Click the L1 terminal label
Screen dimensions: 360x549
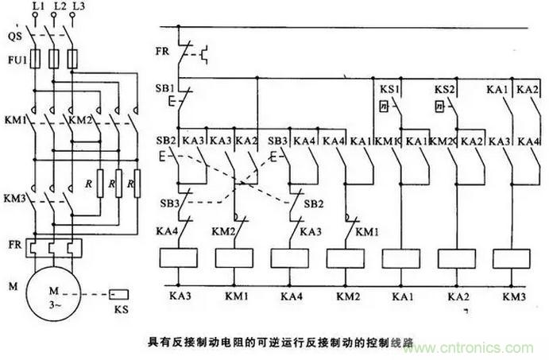tap(37, 7)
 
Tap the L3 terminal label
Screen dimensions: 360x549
tap(78, 7)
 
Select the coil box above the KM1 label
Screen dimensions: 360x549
tap(234, 259)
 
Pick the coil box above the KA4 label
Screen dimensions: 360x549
tap(289, 259)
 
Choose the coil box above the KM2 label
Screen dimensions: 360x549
tap(346, 259)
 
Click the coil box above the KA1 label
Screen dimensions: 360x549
tap(400, 259)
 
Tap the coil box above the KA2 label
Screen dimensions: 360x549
tap(456, 259)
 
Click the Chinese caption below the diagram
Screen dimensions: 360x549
tap(283, 337)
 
